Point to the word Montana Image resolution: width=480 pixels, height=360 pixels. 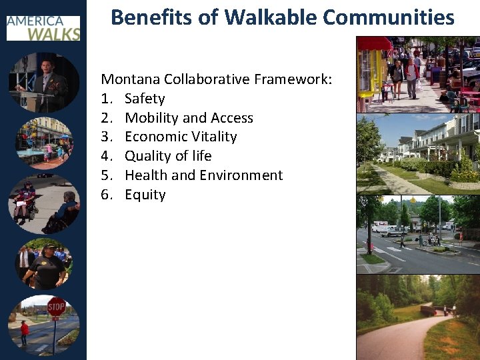(x=131, y=79)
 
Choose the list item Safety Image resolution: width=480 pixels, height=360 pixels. (x=145, y=99)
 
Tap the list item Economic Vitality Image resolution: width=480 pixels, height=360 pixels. (x=181, y=137)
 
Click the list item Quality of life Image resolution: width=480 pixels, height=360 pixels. (x=168, y=156)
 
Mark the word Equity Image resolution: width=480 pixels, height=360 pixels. (x=145, y=195)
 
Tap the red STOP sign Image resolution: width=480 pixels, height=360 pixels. (x=57, y=307)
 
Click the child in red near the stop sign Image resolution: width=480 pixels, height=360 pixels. (x=25, y=332)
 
